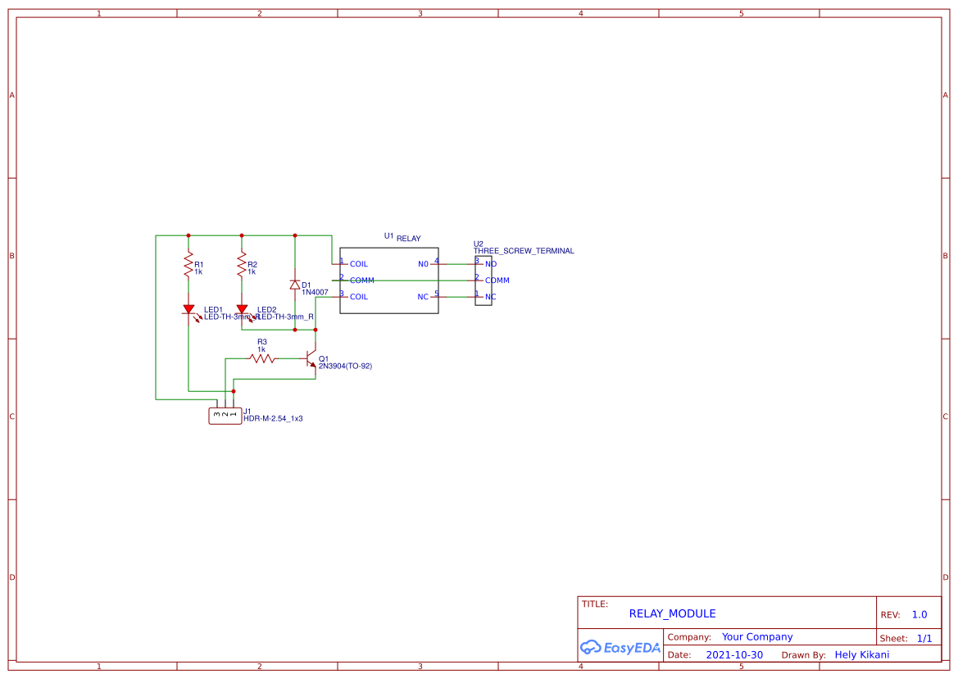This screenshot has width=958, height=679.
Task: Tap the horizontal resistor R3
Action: [x=262, y=358]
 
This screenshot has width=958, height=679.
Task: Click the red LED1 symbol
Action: [x=188, y=310]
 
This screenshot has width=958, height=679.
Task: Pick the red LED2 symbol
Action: [x=242, y=310]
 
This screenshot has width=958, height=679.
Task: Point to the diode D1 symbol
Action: [x=295, y=285]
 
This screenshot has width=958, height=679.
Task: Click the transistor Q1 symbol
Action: [x=311, y=359]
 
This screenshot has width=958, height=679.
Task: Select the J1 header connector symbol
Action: [x=225, y=416]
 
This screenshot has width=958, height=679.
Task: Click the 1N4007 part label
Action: [x=315, y=292]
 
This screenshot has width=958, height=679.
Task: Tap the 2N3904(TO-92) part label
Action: [x=345, y=367]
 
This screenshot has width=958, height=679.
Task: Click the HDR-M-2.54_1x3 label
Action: [x=273, y=418]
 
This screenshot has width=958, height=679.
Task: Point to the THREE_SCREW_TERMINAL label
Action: [x=524, y=251]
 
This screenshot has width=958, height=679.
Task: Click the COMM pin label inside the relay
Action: [x=361, y=280]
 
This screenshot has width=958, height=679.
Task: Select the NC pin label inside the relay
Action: [x=423, y=297]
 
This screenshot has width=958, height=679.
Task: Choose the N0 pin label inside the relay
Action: [x=423, y=264]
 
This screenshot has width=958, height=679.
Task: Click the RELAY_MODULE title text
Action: [x=672, y=613]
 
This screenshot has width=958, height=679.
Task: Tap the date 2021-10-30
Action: [x=733, y=654]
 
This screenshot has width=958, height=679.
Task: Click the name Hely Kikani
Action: [x=861, y=654]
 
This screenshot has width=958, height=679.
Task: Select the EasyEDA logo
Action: [x=620, y=647]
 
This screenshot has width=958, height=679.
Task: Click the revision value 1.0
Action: [x=919, y=614]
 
